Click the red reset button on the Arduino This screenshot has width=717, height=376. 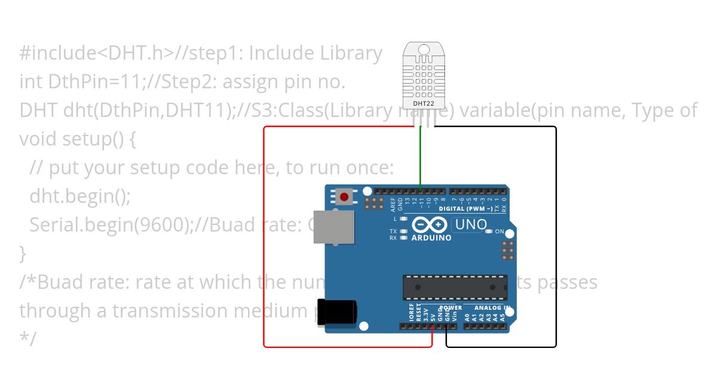tap(344, 196)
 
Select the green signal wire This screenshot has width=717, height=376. tap(421, 158)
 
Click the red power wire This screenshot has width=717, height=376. tap(264, 239)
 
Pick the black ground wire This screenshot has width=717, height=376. tap(556, 239)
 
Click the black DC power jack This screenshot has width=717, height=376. tap(338, 312)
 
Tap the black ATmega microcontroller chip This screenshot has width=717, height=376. tap(456, 286)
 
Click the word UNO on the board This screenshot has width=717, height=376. tap(470, 224)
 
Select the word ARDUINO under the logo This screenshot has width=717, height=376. tap(431, 238)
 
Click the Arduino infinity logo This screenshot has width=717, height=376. tap(430, 224)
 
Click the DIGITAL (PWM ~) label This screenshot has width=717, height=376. tap(465, 209)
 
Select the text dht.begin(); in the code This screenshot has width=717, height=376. tap(79, 196)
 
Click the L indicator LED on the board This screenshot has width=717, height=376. tap(405, 219)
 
